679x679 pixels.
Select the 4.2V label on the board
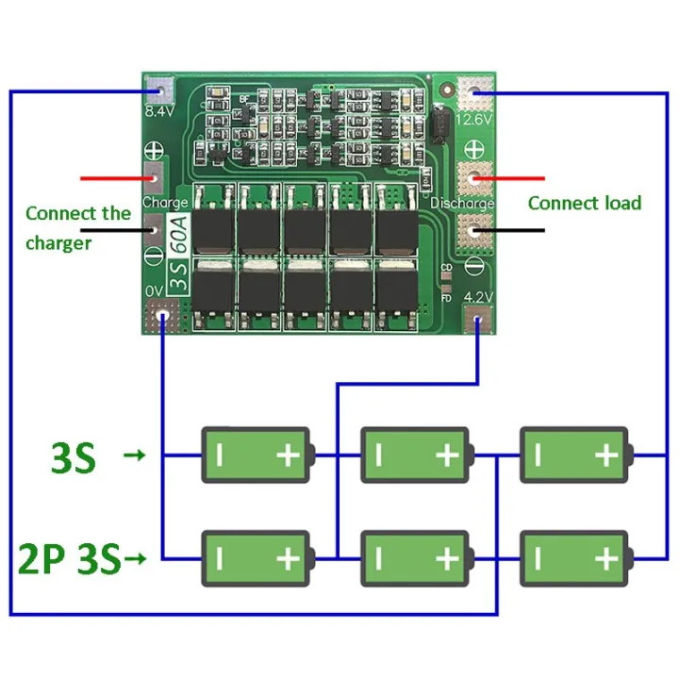tap(480, 296)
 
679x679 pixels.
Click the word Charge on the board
tap(164, 202)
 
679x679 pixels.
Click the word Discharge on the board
tap(462, 204)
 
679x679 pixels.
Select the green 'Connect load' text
tap(584, 203)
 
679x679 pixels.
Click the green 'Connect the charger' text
tap(77, 227)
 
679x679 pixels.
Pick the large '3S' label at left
tap(72, 458)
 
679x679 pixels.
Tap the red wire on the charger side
tap(114, 177)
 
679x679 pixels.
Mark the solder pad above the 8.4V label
tap(161, 90)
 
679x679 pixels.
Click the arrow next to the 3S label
tap(136, 457)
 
